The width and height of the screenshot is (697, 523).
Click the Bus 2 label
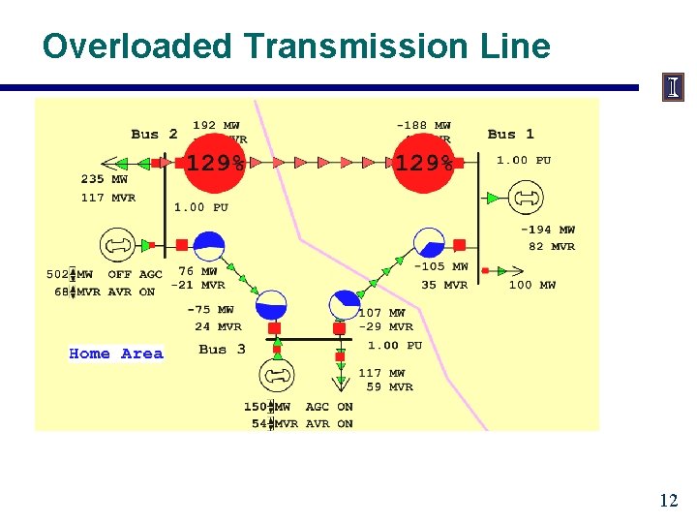pyautogui.click(x=155, y=135)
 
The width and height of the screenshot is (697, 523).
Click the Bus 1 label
pyautogui.click(x=511, y=135)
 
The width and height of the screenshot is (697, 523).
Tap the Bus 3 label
pyautogui.click(x=222, y=349)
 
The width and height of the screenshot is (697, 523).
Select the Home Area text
pyautogui.click(x=116, y=354)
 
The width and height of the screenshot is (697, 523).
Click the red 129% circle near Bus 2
pyautogui.click(x=215, y=163)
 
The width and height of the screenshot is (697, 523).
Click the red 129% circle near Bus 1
pyautogui.click(x=423, y=163)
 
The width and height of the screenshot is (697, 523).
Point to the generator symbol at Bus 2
pyautogui.click(x=118, y=246)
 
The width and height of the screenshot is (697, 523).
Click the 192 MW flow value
pyautogui.click(x=217, y=125)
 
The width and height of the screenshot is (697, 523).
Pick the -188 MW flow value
pyautogui.click(x=424, y=125)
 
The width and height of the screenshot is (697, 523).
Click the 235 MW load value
pyautogui.click(x=105, y=179)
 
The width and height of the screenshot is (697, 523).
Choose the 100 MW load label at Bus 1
pyautogui.click(x=532, y=285)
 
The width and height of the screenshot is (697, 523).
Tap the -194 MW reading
pyautogui.click(x=548, y=230)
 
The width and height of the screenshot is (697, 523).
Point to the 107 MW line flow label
pyautogui.click(x=382, y=313)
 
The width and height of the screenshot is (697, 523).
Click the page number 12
pyautogui.click(x=668, y=501)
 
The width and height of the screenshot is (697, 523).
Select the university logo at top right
pyautogui.click(x=673, y=87)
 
